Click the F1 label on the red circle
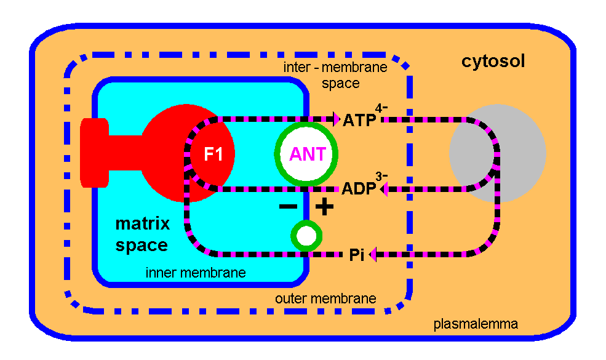point(213,154)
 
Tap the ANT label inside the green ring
point(308,154)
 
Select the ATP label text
point(359,119)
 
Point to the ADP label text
point(359,188)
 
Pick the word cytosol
point(493,62)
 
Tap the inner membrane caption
point(195,273)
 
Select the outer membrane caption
point(325,298)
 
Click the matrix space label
point(142,234)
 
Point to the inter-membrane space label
point(335,74)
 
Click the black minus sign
point(287,207)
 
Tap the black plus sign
point(324,207)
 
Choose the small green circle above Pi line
point(306,235)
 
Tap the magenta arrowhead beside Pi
point(372,254)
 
